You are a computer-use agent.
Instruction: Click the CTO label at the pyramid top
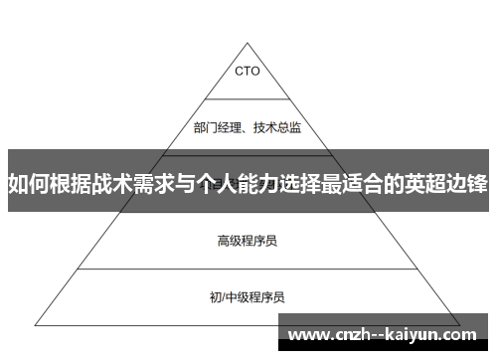[x=248, y=71]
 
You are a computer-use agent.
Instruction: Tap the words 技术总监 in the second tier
[x=278, y=127]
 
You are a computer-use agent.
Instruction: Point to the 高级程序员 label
[x=248, y=212]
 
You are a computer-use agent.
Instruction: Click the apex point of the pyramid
[x=248, y=42]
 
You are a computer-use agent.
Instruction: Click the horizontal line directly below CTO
[x=248, y=99]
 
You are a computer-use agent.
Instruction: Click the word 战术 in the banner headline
[x=116, y=184]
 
